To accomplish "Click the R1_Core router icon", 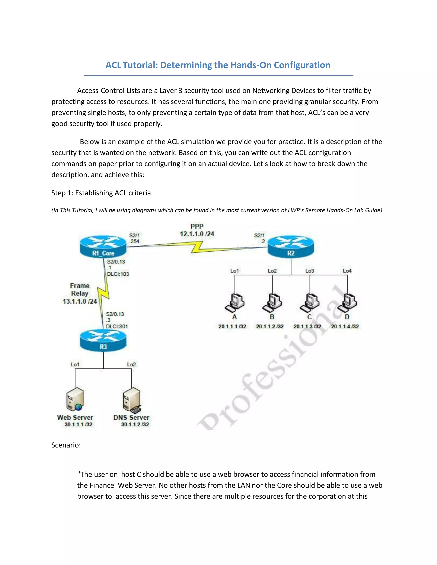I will (x=103, y=246).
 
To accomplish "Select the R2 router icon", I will (x=291, y=246).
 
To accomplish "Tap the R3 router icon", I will (x=103, y=340).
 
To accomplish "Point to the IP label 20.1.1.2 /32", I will (x=270, y=326).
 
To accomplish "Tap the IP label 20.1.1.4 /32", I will (x=345, y=326).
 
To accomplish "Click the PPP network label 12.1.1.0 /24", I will (x=197, y=234).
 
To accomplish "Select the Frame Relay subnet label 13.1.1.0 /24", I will (x=80, y=301).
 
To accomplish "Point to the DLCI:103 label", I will (x=118, y=274).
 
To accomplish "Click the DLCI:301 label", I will (x=117, y=326).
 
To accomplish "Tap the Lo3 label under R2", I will (x=310, y=271).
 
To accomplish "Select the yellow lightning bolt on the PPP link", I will (x=197, y=247).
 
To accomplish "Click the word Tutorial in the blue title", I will (x=140, y=65).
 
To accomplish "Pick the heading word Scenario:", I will (x=66, y=445).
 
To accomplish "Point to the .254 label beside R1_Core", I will (x=134, y=241).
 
